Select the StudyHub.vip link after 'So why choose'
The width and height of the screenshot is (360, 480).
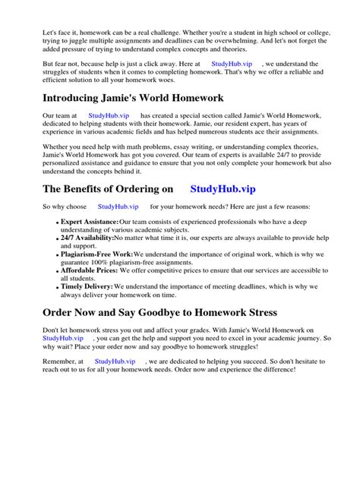point(118,206)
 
